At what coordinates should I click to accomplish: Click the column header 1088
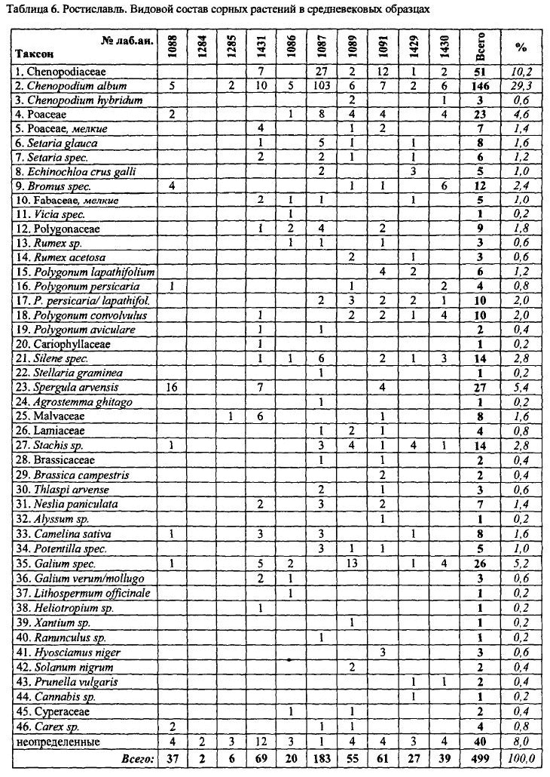pyautogui.click(x=173, y=46)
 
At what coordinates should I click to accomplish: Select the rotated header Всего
pyautogui.click(x=482, y=46)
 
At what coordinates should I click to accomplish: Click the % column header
pyautogui.click(x=521, y=47)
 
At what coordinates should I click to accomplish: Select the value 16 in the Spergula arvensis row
pyautogui.click(x=173, y=388)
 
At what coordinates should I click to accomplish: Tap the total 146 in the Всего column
pyautogui.click(x=482, y=86)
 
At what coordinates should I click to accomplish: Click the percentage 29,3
pyautogui.click(x=521, y=86)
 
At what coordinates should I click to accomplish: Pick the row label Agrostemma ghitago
pyautogui.click(x=77, y=402)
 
